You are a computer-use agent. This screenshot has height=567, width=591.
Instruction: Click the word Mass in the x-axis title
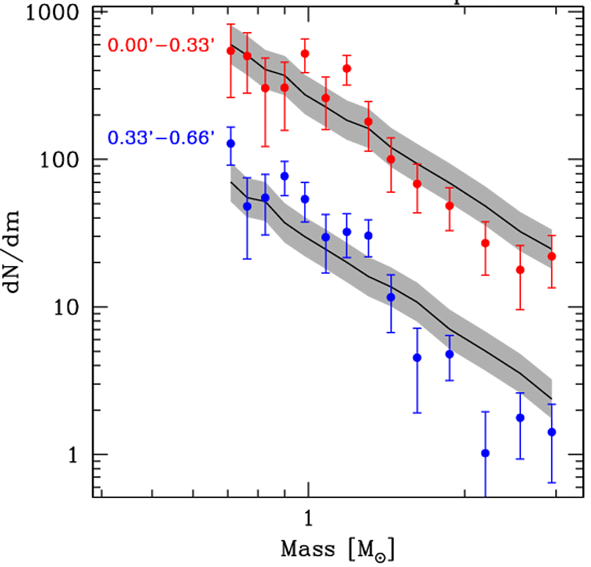tap(306, 550)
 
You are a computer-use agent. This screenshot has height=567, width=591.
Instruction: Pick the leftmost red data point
tap(230, 51)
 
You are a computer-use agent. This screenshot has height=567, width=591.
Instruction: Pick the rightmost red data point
tap(552, 256)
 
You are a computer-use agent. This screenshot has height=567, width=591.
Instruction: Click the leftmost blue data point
tap(230, 143)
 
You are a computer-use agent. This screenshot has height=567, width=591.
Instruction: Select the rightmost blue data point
tap(552, 432)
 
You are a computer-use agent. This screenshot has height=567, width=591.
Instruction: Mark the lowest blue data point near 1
tap(485, 453)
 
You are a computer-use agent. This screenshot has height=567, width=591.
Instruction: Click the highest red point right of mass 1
tap(347, 68)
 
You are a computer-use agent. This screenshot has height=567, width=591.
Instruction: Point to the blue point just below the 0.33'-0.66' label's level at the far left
tap(230, 143)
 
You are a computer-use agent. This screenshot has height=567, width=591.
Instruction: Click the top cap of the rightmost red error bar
tap(552, 235)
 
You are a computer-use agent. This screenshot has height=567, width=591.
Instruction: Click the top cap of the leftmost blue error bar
tap(230, 127)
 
